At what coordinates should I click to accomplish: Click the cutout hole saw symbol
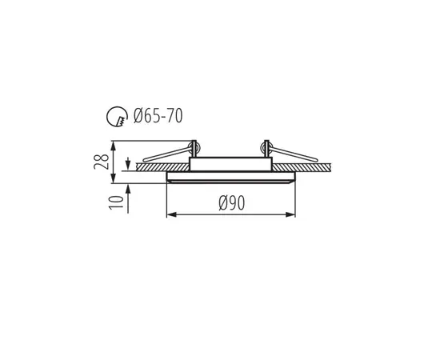point(116,118)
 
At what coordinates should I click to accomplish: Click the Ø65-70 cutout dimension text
point(159,117)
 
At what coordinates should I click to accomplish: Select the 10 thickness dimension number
point(118,201)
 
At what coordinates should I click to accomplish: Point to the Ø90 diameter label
point(230,203)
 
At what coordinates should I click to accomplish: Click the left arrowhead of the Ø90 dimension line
point(169,214)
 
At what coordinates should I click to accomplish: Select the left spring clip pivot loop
point(194,147)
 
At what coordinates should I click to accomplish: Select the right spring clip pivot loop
point(264,147)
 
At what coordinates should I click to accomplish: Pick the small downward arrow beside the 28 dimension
point(128,165)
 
